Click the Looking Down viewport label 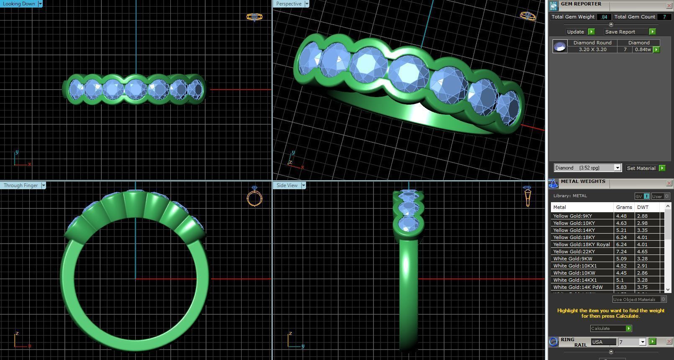(x=19, y=4)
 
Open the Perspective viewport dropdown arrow (x=307, y=4)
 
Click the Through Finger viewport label (x=21, y=185)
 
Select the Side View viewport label (x=287, y=185)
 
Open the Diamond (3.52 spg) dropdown (x=617, y=168)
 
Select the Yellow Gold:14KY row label (x=574, y=230)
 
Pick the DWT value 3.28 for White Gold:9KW (x=642, y=259)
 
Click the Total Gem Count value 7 (x=664, y=17)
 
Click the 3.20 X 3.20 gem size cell (x=592, y=49)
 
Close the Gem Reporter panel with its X (x=669, y=5)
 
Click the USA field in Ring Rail (x=603, y=342)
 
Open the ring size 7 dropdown (x=643, y=342)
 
